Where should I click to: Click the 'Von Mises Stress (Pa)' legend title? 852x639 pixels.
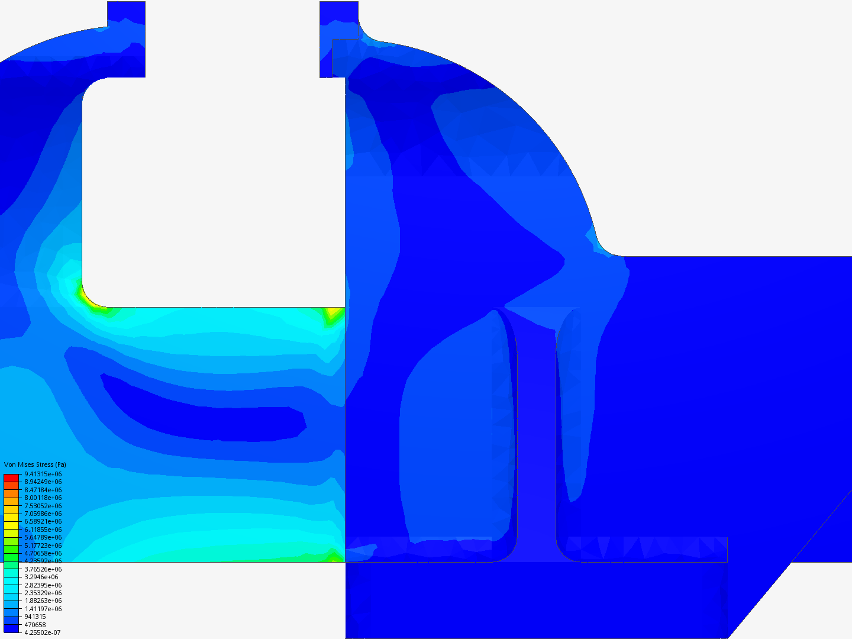(x=35, y=464)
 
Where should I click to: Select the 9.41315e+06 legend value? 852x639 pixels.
(x=43, y=474)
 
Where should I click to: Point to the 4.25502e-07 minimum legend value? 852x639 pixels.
(x=43, y=633)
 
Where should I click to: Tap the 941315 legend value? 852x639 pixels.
(x=35, y=617)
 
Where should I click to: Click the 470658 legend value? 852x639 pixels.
(x=35, y=625)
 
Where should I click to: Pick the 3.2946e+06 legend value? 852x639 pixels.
(x=41, y=577)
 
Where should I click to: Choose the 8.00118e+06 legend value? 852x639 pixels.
(x=43, y=498)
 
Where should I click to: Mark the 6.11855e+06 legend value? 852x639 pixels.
(x=43, y=530)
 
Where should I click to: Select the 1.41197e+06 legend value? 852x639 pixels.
(x=43, y=609)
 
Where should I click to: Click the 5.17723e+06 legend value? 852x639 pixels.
(x=43, y=546)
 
